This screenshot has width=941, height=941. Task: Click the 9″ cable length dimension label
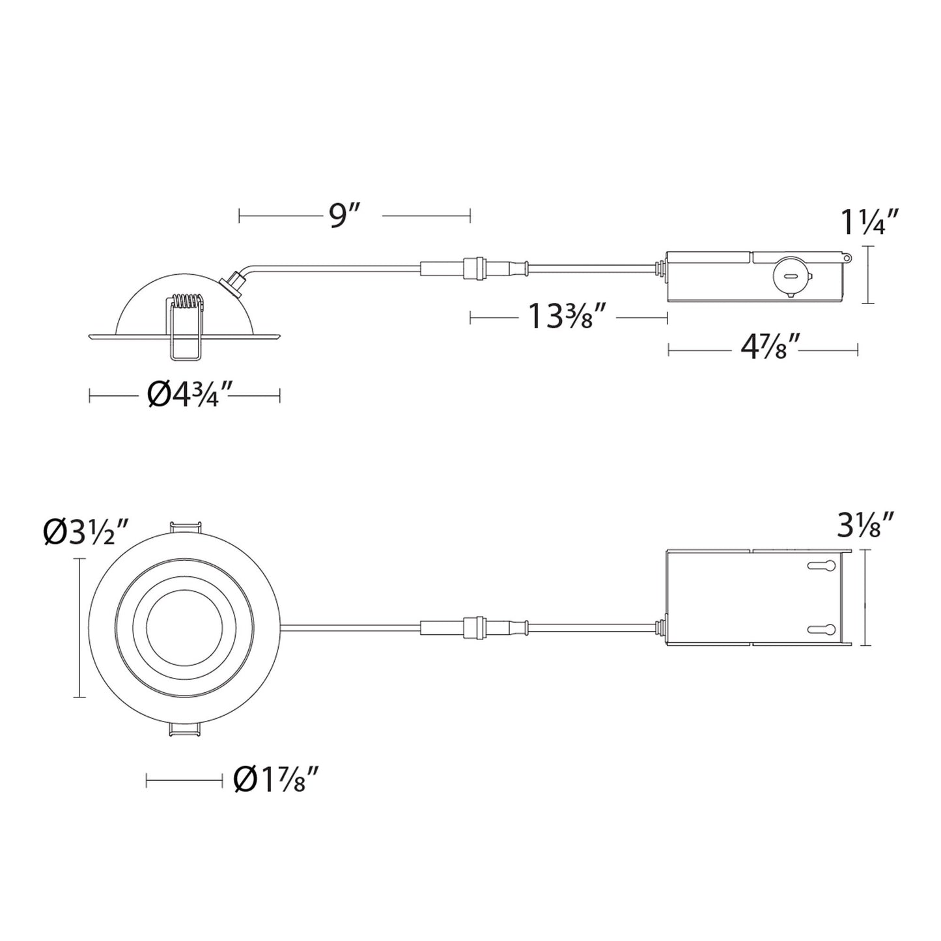coord(340,216)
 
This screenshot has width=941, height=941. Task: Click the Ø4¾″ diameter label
coord(190,395)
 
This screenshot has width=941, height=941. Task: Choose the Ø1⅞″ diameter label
coord(276,779)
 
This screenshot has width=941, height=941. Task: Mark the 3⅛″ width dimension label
coord(865,525)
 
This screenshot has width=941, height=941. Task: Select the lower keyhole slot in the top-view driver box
coord(821,629)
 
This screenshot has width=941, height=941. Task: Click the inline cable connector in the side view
coord(474,266)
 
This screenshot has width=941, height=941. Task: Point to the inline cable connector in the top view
coord(474,628)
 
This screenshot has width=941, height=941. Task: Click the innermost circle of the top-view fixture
coord(185,628)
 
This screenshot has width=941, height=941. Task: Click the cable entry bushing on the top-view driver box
coord(661,627)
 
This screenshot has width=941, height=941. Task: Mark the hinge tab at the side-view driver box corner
coord(846,258)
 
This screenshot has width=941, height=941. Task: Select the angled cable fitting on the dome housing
coord(231,282)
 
